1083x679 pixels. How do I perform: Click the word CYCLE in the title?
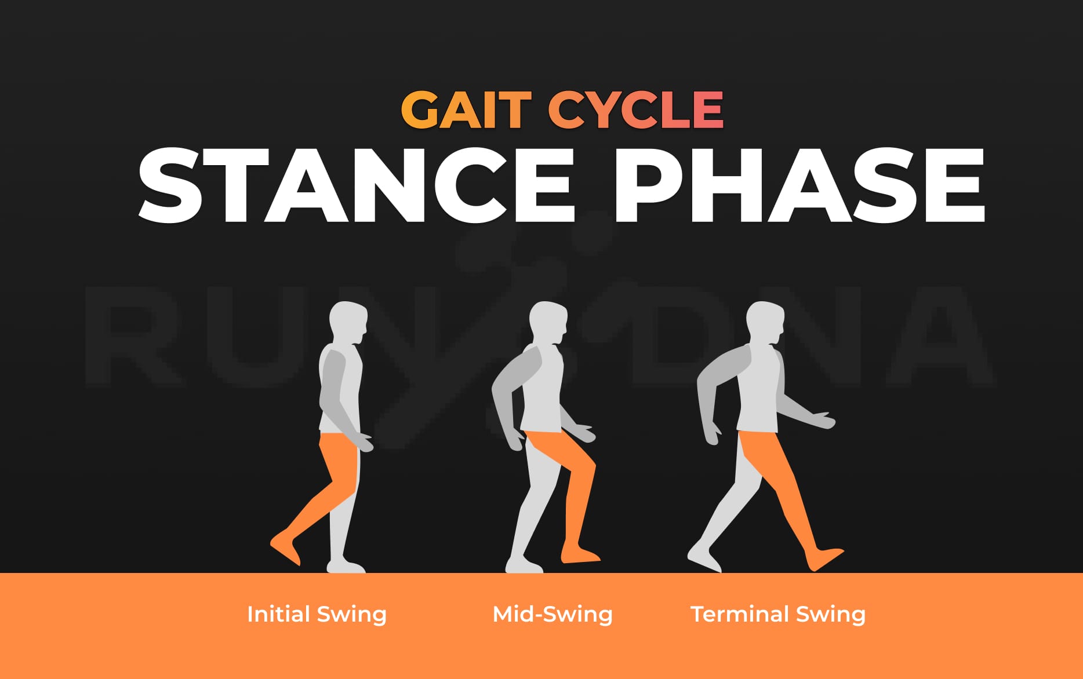tap(635, 109)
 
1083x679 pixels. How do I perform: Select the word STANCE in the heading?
tap(356, 185)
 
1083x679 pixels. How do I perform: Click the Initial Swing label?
tap(317, 614)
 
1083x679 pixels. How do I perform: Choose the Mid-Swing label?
tap(552, 614)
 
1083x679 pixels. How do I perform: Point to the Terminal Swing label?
tap(778, 614)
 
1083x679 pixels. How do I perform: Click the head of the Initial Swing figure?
tap(348, 321)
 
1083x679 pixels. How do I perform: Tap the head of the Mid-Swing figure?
tap(548, 321)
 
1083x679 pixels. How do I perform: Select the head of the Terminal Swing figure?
tap(765, 321)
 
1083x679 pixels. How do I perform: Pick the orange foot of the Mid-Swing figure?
tap(580, 554)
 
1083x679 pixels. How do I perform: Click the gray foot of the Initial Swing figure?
tap(346, 565)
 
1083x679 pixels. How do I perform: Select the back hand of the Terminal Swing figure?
tap(711, 435)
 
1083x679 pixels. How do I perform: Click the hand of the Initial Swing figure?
tap(365, 442)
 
